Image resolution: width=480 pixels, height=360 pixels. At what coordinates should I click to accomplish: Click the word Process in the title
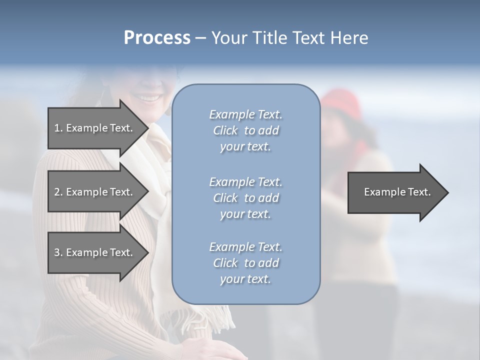pyautogui.click(x=157, y=38)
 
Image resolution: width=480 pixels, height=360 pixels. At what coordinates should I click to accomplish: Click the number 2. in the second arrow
pyautogui.click(x=58, y=192)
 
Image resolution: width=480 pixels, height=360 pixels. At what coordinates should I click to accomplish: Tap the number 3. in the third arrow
pyautogui.click(x=58, y=252)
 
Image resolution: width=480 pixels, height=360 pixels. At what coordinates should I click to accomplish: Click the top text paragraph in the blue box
pyautogui.click(x=245, y=130)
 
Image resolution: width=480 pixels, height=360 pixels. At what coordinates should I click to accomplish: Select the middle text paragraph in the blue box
pyautogui.click(x=245, y=198)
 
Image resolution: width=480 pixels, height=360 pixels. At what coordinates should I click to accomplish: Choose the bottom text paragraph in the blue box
pyautogui.click(x=245, y=263)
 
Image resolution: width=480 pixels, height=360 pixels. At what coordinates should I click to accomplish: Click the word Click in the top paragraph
pyautogui.click(x=225, y=130)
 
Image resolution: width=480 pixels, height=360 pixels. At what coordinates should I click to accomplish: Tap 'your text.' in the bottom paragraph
pyautogui.click(x=245, y=279)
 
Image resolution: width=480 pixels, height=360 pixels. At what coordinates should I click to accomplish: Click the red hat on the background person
pyautogui.click(x=342, y=102)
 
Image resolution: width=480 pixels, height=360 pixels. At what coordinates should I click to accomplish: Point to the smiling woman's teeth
pyautogui.click(x=148, y=97)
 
